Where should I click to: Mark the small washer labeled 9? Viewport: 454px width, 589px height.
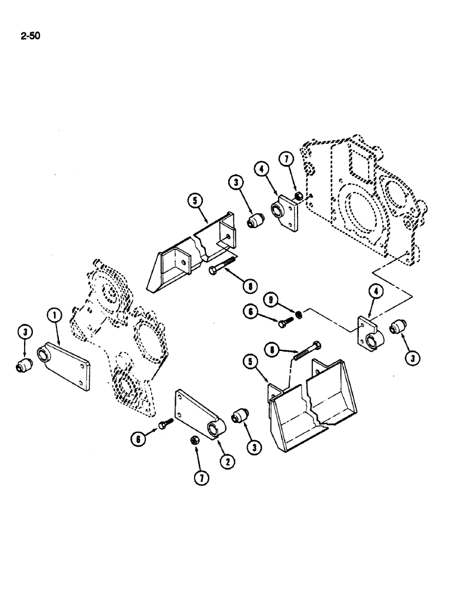coord(299,313)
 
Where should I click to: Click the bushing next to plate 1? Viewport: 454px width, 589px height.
coord(24,365)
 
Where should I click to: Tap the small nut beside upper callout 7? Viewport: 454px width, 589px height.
coord(298,196)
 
